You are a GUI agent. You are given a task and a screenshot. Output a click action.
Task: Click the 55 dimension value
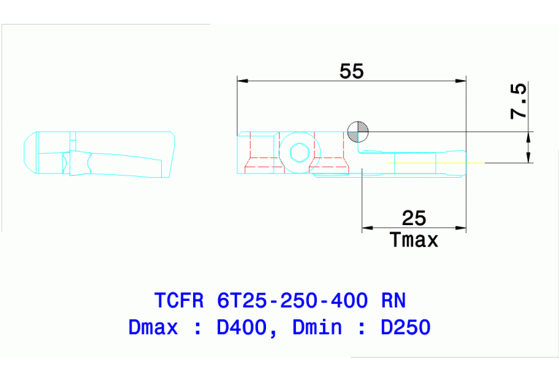coord(351,71)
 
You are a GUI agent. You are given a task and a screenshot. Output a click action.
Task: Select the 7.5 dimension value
coord(518,101)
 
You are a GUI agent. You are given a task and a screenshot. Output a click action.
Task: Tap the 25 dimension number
coord(413,218)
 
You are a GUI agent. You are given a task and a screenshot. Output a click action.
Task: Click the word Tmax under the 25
coord(414,239)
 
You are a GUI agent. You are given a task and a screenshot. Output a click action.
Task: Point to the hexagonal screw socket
coord(298,153)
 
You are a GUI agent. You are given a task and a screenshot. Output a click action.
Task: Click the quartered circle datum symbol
coord(358,131)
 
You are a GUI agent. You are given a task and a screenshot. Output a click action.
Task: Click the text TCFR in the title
coord(179,300)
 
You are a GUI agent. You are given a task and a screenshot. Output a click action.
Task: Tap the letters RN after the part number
coord(394,300)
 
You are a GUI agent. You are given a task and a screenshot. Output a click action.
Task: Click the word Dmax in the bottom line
coord(152,326)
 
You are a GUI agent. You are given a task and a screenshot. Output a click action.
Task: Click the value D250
coord(405,326)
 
